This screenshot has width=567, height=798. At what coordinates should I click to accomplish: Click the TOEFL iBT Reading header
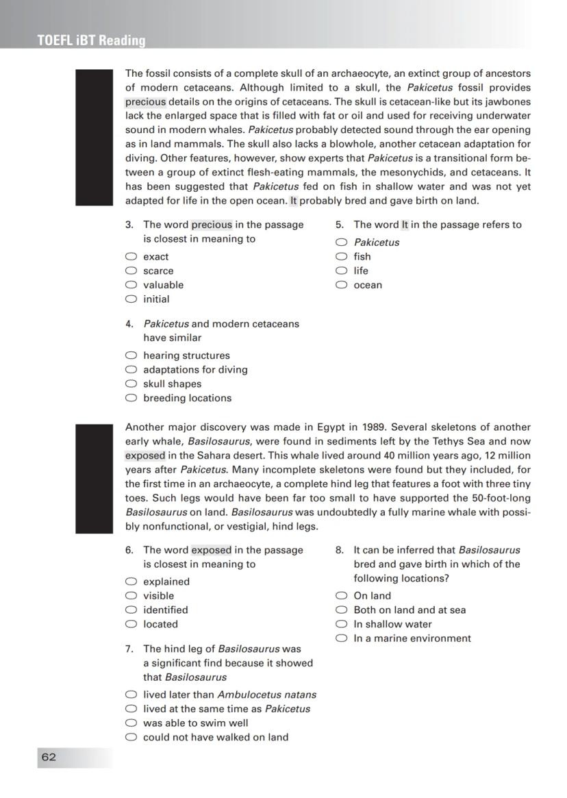(92, 40)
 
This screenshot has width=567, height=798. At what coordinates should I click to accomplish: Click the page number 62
(49, 757)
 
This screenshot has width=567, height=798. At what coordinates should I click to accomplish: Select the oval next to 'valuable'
(131, 285)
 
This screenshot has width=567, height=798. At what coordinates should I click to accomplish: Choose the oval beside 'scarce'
(131, 271)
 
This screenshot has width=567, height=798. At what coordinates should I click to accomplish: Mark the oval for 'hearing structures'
(131, 356)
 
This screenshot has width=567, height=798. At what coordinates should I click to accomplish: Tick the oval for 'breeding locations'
(131, 398)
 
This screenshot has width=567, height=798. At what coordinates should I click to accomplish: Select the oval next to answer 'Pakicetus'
(341, 242)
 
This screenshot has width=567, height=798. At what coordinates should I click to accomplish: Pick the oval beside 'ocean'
(341, 285)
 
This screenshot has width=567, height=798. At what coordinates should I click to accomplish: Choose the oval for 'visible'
(131, 596)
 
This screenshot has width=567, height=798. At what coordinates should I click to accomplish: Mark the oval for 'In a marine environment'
(341, 638)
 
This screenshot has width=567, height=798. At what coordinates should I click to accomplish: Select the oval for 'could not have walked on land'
(131, 737)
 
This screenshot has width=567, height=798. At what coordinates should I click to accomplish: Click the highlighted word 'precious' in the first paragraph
(145, 102)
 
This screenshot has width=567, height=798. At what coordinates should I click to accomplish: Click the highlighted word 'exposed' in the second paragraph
(145, 455)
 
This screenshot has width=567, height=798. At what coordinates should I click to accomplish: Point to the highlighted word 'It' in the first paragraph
(293, 201)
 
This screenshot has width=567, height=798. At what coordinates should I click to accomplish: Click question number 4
(129, 324)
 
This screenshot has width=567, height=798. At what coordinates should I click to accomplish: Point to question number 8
(339, 550)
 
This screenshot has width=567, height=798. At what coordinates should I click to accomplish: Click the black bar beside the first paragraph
(93, 137)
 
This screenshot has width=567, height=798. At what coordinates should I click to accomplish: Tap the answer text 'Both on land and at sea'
(409, 610)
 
